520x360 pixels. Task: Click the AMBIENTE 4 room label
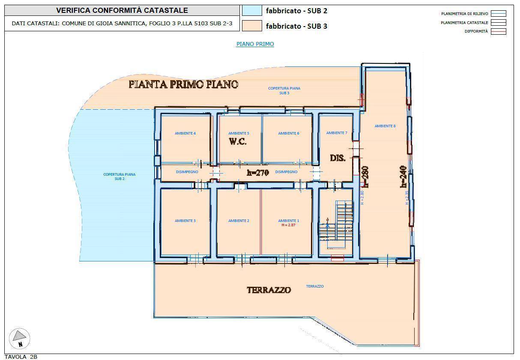[185, 133]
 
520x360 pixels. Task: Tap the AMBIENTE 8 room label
[385, 126]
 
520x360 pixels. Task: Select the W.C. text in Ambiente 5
[238, 141]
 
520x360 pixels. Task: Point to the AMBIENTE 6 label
[289, 133]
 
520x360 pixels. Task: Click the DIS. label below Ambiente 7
[338, 158]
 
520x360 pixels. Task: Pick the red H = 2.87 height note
[288, 225]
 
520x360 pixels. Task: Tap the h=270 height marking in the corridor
[258, 173]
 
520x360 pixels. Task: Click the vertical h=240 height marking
[403, 177]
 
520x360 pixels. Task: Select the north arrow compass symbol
[20, 339]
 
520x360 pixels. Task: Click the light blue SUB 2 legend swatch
[252, 10]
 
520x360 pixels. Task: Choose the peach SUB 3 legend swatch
[252, 26]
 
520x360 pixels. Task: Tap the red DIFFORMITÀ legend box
[499, 31]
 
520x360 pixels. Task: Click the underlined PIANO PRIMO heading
[255, 44]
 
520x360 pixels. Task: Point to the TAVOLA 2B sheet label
[21, 357]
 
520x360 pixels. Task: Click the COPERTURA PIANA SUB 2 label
[120, 177]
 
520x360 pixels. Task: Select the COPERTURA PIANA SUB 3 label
[284, 90]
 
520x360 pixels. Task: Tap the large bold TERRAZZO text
[269, 290]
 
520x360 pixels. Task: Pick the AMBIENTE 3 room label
[185, 221]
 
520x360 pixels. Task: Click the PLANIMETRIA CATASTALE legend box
[499, 23]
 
